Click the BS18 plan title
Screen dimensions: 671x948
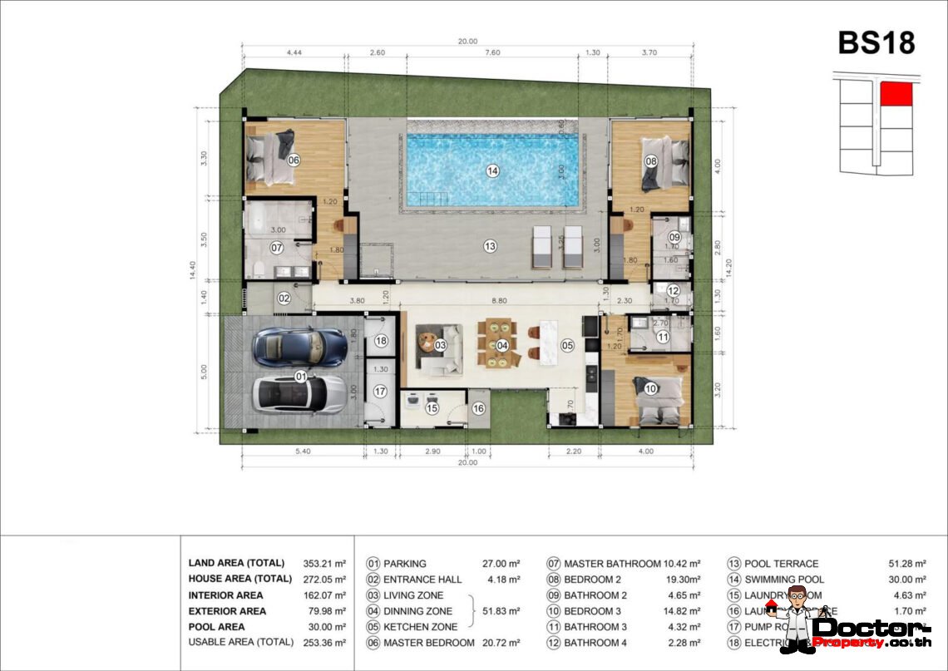(x=876, y=42)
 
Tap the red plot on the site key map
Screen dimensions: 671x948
(x=896, y=94)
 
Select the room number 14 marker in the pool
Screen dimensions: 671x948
(x=492, y=170)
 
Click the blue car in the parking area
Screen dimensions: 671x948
(x=299, y=347)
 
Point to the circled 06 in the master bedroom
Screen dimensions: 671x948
(x=293, y=160)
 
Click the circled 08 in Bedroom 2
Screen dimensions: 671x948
(x=650, y=161)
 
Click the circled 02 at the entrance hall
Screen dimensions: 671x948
(x=284, y=298)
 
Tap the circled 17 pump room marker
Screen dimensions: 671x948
(x=380, y=391)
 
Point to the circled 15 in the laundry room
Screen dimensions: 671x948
(x=432, y=407)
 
